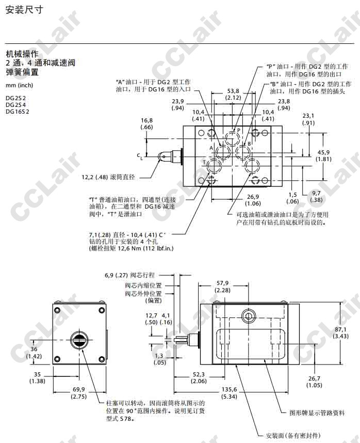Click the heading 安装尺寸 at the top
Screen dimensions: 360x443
[x=24, y=10]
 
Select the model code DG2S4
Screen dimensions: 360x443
[x=15, y=105]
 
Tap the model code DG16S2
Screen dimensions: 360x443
[x=17, y=112]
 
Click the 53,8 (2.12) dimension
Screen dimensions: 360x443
[x=233, y=94]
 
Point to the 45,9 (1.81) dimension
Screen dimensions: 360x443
[x=323, y=156]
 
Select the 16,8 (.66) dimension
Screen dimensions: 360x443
[x=146, y=124]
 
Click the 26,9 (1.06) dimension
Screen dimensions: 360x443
[x=253, y=200]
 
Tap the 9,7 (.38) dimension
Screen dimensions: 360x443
[x=316, y=196]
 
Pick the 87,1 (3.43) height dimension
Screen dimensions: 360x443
[x=340, y=333]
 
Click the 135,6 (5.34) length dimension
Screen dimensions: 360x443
[x=229, y=393]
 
